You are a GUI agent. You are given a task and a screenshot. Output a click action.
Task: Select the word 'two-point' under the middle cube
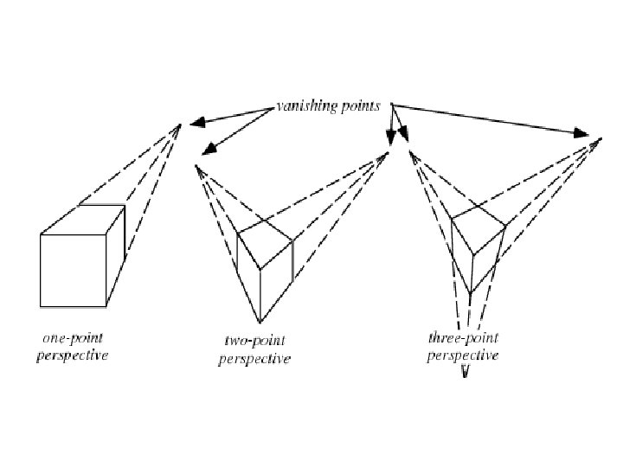coord(254,342)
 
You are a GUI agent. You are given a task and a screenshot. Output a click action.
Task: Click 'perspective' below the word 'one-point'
coord(73,356)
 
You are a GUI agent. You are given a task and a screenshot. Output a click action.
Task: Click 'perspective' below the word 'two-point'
coord(254,360)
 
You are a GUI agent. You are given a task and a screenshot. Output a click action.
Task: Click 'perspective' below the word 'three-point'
coord(463,355)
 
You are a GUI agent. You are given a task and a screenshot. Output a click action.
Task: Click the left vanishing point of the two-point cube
coord(198,166)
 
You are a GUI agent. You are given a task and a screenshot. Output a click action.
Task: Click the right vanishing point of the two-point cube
coord(388,154)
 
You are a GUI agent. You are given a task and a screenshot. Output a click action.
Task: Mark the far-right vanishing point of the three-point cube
coord(598,138)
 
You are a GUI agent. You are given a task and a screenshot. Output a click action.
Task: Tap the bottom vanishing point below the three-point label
coord(466,374)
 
